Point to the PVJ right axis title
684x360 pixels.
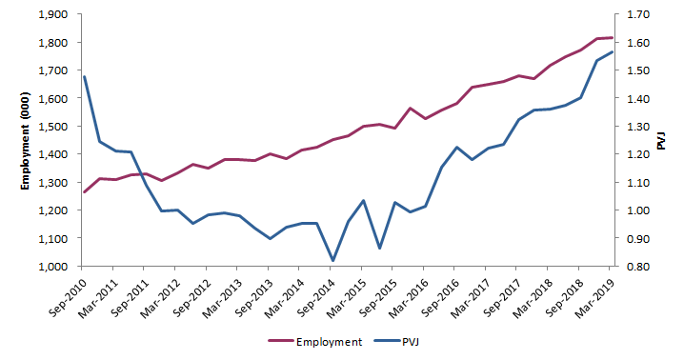(663, 141)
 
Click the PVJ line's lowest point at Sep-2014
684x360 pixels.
(332, 260)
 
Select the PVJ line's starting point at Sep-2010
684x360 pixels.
(84, 76)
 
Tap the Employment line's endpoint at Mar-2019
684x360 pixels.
(612, 38)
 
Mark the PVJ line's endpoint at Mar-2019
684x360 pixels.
(612, 51)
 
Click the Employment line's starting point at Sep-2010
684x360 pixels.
(84, 192)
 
